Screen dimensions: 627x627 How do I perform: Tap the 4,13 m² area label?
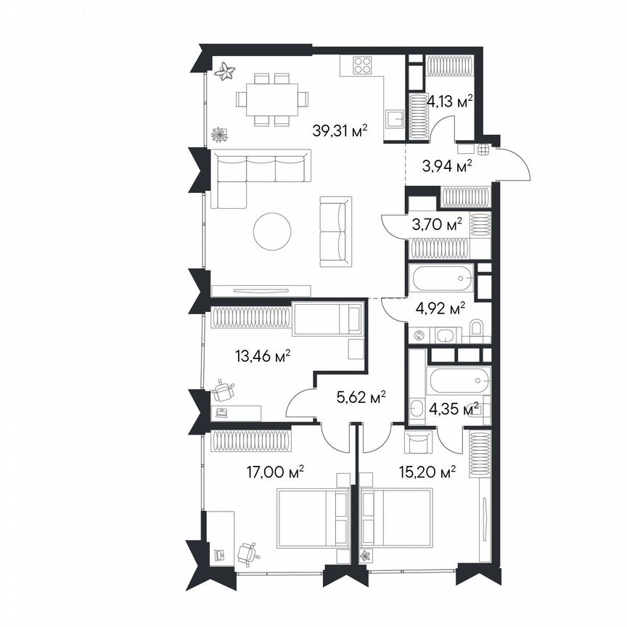[450, 102]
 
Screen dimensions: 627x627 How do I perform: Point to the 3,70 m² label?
[437, 225]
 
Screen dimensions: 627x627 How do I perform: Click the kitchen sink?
[394, 119]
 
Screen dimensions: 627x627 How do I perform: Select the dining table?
[271, 98]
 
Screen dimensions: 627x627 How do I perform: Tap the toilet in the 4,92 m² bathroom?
[476, 331]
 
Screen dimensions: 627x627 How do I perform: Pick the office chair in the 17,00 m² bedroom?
[248, 554]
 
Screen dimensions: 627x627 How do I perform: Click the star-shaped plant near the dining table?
[226, 70]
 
